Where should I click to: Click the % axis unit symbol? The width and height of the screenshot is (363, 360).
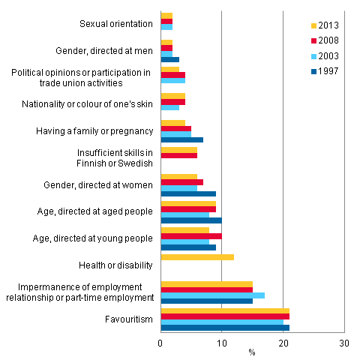252,351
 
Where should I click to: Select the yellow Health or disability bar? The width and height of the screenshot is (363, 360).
197,257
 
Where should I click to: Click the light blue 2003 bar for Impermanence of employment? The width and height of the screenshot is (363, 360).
212,295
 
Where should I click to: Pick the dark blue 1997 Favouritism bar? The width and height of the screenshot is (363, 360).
225,328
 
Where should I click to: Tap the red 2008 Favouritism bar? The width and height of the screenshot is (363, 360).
225,316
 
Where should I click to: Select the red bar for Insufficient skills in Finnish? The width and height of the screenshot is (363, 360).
178,155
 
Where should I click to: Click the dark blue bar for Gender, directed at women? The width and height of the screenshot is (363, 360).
188,193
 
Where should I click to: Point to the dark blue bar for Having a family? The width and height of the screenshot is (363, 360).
181,139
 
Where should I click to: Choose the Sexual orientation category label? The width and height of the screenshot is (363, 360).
115,24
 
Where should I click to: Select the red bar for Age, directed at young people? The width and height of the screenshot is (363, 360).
191,235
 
